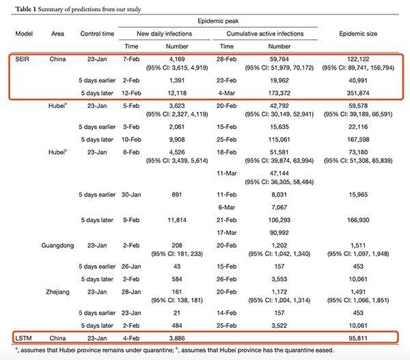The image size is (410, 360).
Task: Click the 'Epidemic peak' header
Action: [x=218, y=21]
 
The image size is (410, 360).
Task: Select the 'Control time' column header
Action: [x=97, y=33]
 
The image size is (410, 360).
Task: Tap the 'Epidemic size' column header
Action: [x=358, y=33]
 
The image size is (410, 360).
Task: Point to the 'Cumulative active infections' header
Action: [x=265, y=33]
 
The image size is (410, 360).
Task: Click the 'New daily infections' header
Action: [x=164, y=33]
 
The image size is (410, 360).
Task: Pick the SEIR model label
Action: [x=22, y=59]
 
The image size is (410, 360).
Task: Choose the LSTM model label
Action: [x=23, y=338]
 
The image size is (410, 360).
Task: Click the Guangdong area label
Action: [x=57, y=245]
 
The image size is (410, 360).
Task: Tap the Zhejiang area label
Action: [x=57, y=292]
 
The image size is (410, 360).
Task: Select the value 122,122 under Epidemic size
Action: [x=358, y=59]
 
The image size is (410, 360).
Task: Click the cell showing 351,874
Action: [x=358, y=93]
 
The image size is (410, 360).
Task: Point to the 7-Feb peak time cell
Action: [x=131, y=59]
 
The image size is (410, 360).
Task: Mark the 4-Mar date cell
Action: [x=226, y=93]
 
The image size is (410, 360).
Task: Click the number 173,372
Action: [x=279, y=93]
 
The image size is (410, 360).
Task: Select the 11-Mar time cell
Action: [x=226, y=174]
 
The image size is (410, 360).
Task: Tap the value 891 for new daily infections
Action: [x=177, y=195]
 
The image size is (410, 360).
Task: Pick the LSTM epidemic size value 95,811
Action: [x=358, y=338]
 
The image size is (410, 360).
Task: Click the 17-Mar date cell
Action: [x=226, y=233]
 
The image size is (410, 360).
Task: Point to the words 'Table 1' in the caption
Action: [x=25, y=10]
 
